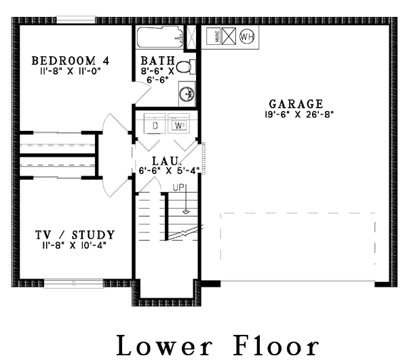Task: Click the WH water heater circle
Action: click(247, 37)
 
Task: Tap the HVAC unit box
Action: click(214, 37)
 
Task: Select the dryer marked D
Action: click(155, 123)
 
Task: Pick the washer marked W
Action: click(178, 123)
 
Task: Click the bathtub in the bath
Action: click(160, 37)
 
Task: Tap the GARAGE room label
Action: click(296, 104)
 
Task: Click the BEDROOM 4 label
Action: click(71, 61)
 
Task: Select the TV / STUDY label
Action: click(75, 235)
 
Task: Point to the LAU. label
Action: click(166, 161)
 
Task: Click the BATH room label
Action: click(158, 61)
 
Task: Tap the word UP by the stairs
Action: click(178, 187)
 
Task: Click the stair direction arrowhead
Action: click(186, 212)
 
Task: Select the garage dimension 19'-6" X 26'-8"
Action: click(298, 115)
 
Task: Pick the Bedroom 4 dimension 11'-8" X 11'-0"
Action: click(70, 71)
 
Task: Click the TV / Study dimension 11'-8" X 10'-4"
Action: click(74, 245)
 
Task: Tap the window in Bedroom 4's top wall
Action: click(76, 20)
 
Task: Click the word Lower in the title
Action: click(164, 346)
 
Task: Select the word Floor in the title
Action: click(276, 346)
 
